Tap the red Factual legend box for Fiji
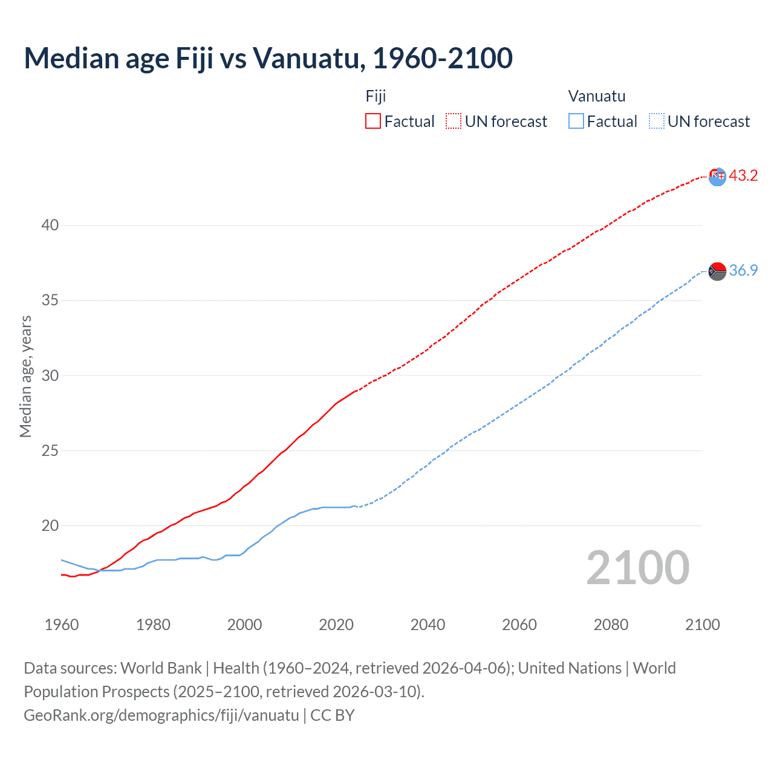(373, 121)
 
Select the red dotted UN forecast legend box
(454, 121)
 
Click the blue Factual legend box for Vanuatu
(576, 121)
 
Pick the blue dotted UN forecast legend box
(657, 121)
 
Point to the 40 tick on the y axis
(50, 225)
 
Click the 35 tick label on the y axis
(50, 300)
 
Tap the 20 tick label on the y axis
(50, 525)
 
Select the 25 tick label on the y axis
(50, 450)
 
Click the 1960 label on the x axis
(62, 625)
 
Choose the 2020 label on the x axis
(336, 625)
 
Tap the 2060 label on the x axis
(519, 625)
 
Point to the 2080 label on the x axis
(611, 625)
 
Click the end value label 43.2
(743, 176)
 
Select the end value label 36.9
(743, 270)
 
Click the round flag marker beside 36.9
(717, 272)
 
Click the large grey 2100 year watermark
(638, 567)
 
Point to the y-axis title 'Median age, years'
(25, 376)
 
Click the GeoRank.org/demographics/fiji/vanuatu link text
(161, 715)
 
